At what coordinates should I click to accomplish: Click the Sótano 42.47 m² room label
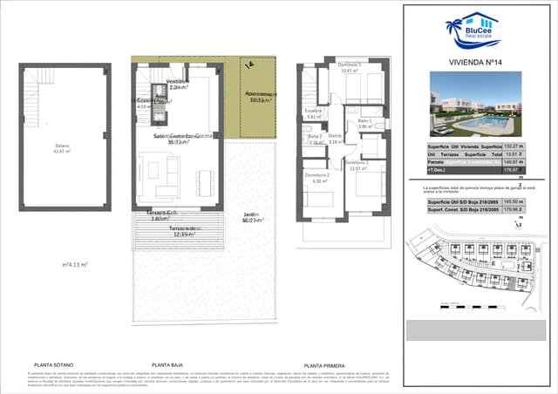pyautogui.click(x=58, y=148)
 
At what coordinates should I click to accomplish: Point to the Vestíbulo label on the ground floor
pyautogui.click(x=178, y=84)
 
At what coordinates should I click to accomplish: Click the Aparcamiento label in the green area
pyautogui.click(x=258, y=96)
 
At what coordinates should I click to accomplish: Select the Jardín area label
pyautogui.click(x=251, y=218)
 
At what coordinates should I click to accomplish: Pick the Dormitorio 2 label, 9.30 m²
pyautogui.click(x=316, y=178)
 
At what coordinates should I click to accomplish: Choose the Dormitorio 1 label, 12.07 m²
pyautogui.click(x=357, y=166)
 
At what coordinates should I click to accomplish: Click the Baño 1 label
pyautogui.click(x=364, y=123)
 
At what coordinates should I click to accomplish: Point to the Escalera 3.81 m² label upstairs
pyautogui.click(x=314, y=113)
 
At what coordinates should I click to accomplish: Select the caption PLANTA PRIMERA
pyautogui.click(x=325, y=366)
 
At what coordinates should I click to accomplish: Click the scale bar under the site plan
pyautogui.click(x=453, y=306)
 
